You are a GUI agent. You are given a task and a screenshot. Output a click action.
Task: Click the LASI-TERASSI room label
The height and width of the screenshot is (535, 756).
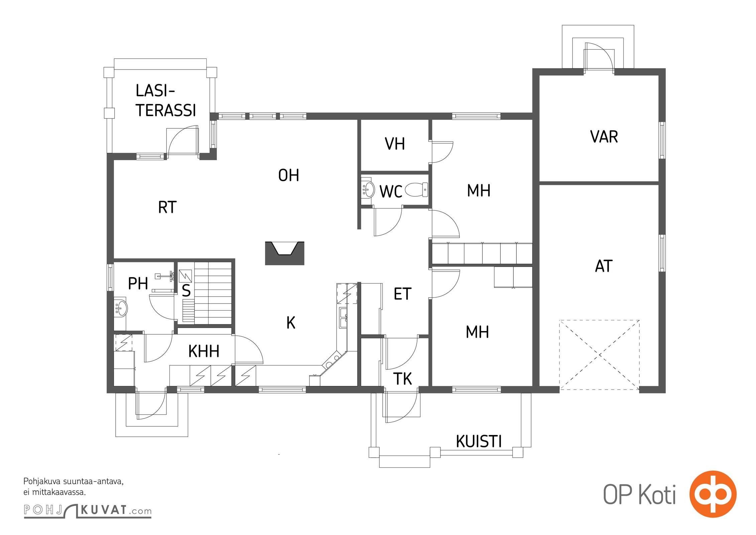pos(165,100)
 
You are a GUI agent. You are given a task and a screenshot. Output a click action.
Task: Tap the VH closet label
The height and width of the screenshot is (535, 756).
pos(395,144)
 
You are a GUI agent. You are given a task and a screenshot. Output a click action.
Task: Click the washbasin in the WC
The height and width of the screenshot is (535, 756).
pos(368,189)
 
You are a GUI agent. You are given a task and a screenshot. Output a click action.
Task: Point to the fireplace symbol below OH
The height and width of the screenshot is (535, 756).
pos(284,253)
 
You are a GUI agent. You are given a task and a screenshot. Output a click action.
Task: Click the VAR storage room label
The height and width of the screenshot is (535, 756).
pos(604,137)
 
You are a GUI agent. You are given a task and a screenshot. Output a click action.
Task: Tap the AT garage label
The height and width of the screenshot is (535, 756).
pos(604,266)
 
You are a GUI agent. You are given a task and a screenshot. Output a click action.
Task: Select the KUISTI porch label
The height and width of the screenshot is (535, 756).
pos(479,441)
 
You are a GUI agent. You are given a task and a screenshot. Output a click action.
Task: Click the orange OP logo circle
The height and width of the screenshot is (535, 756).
pos(713,494)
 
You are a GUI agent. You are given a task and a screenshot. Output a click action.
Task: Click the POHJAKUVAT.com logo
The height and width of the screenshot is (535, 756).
pos(88,510)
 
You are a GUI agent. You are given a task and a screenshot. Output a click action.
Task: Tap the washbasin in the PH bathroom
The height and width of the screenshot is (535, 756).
pos(121,308)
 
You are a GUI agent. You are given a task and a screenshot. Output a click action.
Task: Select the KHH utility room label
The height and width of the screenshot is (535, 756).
pos(204,351)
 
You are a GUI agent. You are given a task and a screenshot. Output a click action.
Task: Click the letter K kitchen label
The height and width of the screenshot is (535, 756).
pos(291,323)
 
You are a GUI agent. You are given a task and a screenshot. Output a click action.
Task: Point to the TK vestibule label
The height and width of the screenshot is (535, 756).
pos(402,379)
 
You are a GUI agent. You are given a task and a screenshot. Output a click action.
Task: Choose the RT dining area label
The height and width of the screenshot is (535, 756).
pos(167,207)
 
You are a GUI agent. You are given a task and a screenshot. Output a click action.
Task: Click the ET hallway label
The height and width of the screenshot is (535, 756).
pos(402,294)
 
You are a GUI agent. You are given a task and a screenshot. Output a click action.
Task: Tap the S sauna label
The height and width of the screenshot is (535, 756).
pos(186,290)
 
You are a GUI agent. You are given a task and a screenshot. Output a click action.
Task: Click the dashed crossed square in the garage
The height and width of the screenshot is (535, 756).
pos(600,355)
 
